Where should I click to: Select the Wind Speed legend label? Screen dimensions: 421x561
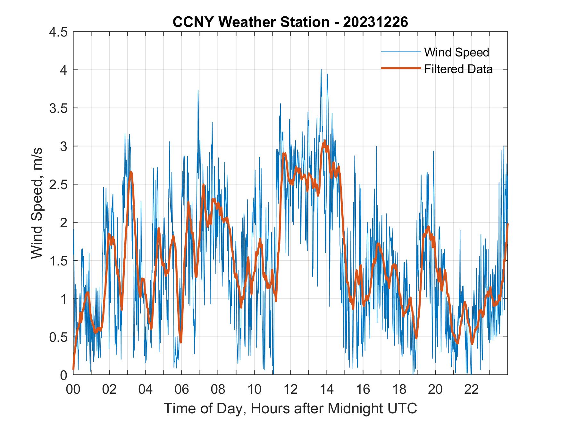(456, 52)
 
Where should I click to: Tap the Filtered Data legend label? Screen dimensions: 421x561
(458, 69)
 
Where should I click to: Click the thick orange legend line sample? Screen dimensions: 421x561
(400, 68)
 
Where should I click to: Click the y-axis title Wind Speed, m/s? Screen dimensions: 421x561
(37, 203)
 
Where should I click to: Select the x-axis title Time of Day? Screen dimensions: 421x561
(290, 408)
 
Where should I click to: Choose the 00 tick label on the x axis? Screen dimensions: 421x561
(73, 390)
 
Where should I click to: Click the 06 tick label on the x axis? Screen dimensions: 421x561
(182, 390)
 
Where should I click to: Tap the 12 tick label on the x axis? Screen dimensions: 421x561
(290, 390)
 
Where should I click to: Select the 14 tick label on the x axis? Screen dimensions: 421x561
(327, 390)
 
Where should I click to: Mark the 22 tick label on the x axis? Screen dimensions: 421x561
(472, 390)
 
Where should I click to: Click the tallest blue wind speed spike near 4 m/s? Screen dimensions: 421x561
(321, 70)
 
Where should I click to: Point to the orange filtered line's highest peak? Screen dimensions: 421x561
(324, 141)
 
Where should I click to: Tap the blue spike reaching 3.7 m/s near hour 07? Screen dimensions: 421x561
(198, 91)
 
